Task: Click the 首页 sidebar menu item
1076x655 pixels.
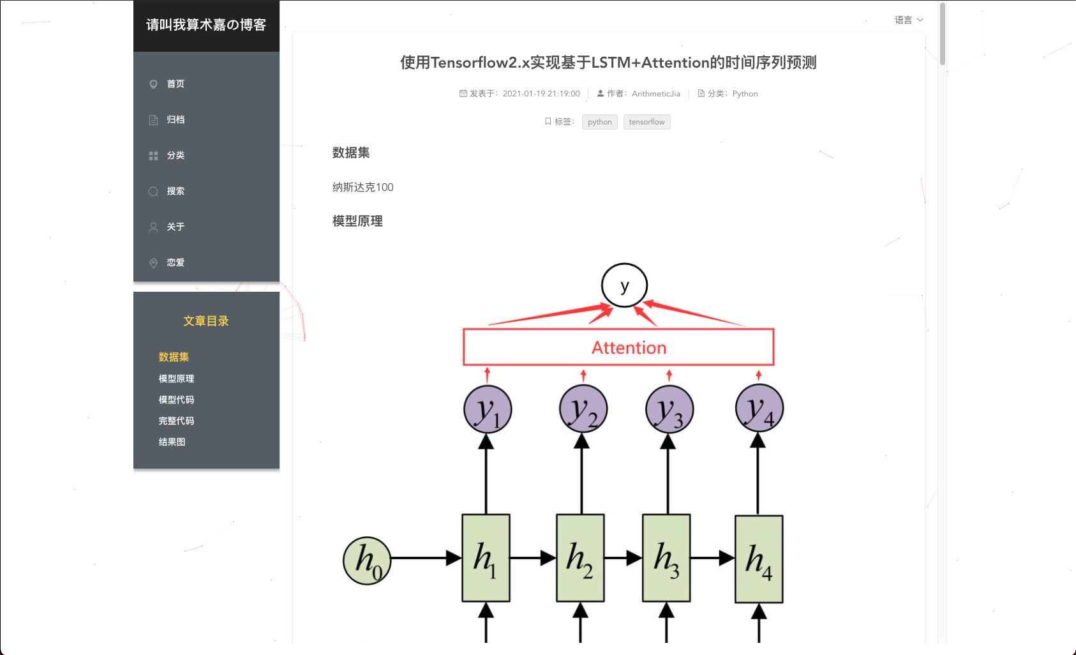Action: tap(176, 84)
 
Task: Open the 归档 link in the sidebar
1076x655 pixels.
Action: tap(176, 120)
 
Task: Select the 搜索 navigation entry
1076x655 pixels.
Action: tap(176, 192)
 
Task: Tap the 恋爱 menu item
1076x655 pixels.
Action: tap(176, 263)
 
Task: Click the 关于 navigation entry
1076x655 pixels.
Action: tap(176, 227)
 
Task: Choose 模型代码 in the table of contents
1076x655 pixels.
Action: tap(176, 400)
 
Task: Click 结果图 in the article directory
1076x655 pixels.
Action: tap(172, 442)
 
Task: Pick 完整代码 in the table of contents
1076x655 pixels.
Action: tap(176, 421)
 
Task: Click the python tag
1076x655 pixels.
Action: tap(599, 122)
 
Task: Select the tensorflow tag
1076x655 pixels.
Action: tap(646, 122)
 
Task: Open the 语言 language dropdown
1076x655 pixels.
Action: tap(908, 20)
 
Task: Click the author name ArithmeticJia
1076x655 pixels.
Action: tap(655, 94)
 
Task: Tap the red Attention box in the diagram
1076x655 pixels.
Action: tap(618, 347)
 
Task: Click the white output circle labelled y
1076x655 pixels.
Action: tap(624, 286)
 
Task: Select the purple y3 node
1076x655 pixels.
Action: tap(669, 409)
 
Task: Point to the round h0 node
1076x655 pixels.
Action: tap(367, 561)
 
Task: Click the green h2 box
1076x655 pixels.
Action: tap(580, 558)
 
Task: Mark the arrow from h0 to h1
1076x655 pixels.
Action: tap(424, 559)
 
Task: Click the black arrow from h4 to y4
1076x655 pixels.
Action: tap(758, 476)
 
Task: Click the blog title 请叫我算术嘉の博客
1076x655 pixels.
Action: tap(206, 25)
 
